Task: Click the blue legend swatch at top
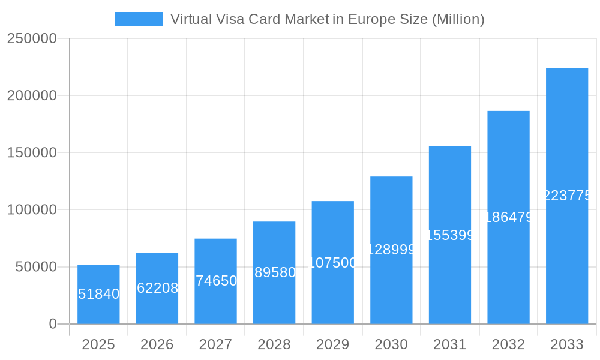click(x=139, y=19)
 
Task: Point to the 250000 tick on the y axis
click(x=32, y=38)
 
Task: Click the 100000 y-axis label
click(x=32, y=210)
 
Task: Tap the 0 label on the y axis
click(x=52, y=324)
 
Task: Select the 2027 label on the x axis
click(x=215, y=344)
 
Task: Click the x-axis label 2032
click(x=508, y=344)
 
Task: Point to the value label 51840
click(x=99, y=294)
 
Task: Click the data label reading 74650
click(x=216, y=281)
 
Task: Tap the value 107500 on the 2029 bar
click(x=332, y=263)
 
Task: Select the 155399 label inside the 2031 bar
click(x=450, y=235)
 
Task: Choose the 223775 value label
click(x=567, y=196)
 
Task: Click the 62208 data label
click(x=157, y=288)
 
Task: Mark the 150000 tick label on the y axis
click(x=32, y=152)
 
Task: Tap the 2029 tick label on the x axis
click(x=332, y=344)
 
